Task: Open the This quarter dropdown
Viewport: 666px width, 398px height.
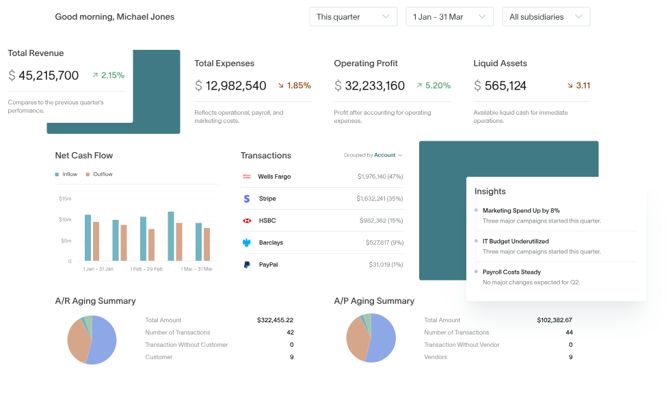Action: coord(353,17)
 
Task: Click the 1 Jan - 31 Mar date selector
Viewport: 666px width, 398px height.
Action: coord(449,17)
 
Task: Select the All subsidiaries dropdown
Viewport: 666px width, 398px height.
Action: coord(546,17)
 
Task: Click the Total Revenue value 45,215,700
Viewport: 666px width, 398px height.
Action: coord(49,76)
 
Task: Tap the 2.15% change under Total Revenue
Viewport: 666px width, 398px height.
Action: coord(109,76)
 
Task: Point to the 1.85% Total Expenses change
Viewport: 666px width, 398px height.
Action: coord(295,86)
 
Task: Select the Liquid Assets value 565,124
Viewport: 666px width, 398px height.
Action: coord(505,86)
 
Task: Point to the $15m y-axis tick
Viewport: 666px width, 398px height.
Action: coord(65,199)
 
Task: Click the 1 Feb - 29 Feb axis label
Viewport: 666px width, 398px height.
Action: coord(146,270)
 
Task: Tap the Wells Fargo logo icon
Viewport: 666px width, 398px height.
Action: coord(247,177)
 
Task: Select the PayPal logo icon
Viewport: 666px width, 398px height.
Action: coord(247,265)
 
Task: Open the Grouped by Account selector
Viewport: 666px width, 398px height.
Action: coord(373,156)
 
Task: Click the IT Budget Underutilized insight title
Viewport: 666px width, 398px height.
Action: coord(516,242)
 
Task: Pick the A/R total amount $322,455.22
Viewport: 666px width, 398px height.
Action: coord(275,320)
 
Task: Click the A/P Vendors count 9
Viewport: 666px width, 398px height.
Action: coord(570,357)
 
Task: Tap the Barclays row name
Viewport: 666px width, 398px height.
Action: coord(271,243)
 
